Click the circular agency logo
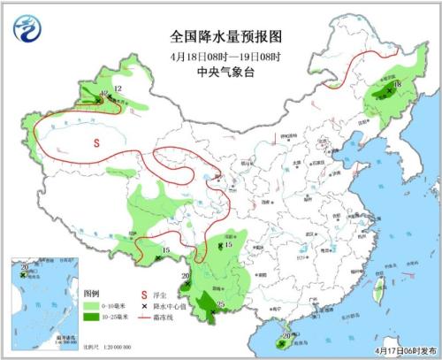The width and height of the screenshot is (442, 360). pyautogui.click(x=28, y=27)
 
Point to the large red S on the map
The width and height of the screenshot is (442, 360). pyautogui.click(x=98, y=141)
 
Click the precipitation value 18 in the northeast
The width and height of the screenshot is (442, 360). pyautogui.click(x=398, y=85)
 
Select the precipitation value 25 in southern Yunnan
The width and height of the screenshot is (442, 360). pyautogui.click(x=220, y=306)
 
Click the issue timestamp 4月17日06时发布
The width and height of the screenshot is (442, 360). pyautogui.click(x=402, y=350)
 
